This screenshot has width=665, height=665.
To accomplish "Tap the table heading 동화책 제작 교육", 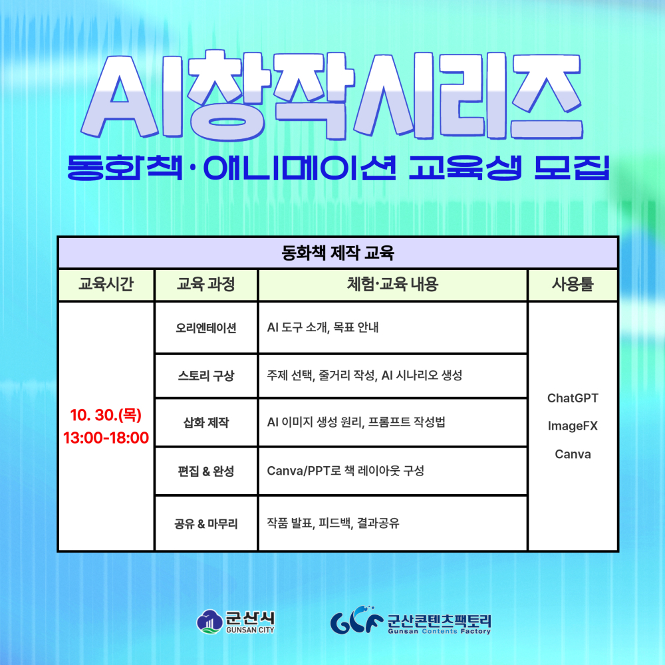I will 338,253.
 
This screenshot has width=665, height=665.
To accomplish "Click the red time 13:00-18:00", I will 106,438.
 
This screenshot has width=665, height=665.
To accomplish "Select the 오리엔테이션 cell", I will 205,328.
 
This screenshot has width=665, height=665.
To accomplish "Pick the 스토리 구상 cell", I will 205,376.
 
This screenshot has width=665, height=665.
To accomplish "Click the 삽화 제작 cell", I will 205,422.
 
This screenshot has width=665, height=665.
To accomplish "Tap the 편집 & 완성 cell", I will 205,471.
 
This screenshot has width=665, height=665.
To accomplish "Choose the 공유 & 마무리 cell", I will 205,523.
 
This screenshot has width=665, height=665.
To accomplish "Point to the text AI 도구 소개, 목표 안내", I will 323,328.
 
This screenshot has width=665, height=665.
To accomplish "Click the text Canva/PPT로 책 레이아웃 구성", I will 345,471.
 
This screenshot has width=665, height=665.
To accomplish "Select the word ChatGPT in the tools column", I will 573,398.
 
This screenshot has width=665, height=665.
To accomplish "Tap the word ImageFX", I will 573,426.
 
